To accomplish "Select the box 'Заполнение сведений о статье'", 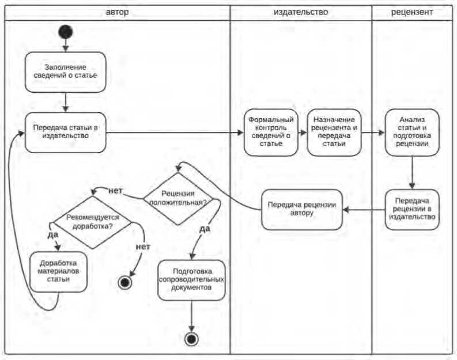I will click(x=66, y=72).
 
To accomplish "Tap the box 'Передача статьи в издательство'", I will click(x=66, y=132).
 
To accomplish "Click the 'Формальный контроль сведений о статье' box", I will click(x=271, y=132).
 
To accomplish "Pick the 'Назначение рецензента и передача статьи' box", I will click(x=335, y=132).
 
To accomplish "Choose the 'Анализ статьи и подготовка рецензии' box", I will click(x=412, y=132).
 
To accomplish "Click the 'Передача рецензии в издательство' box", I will click(x=412, y=210).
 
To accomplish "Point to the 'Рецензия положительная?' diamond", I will click(x=177, y=198).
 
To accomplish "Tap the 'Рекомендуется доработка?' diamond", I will click(x=93, y=222).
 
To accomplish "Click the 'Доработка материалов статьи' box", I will click(x=59, y=271).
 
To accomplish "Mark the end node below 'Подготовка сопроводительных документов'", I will click(x=191, y=339).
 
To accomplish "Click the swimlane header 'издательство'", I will click(x=301, y=12).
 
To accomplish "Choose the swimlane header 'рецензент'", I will click(x=412, y=12).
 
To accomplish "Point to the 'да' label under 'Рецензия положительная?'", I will click(x=204, y=229).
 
